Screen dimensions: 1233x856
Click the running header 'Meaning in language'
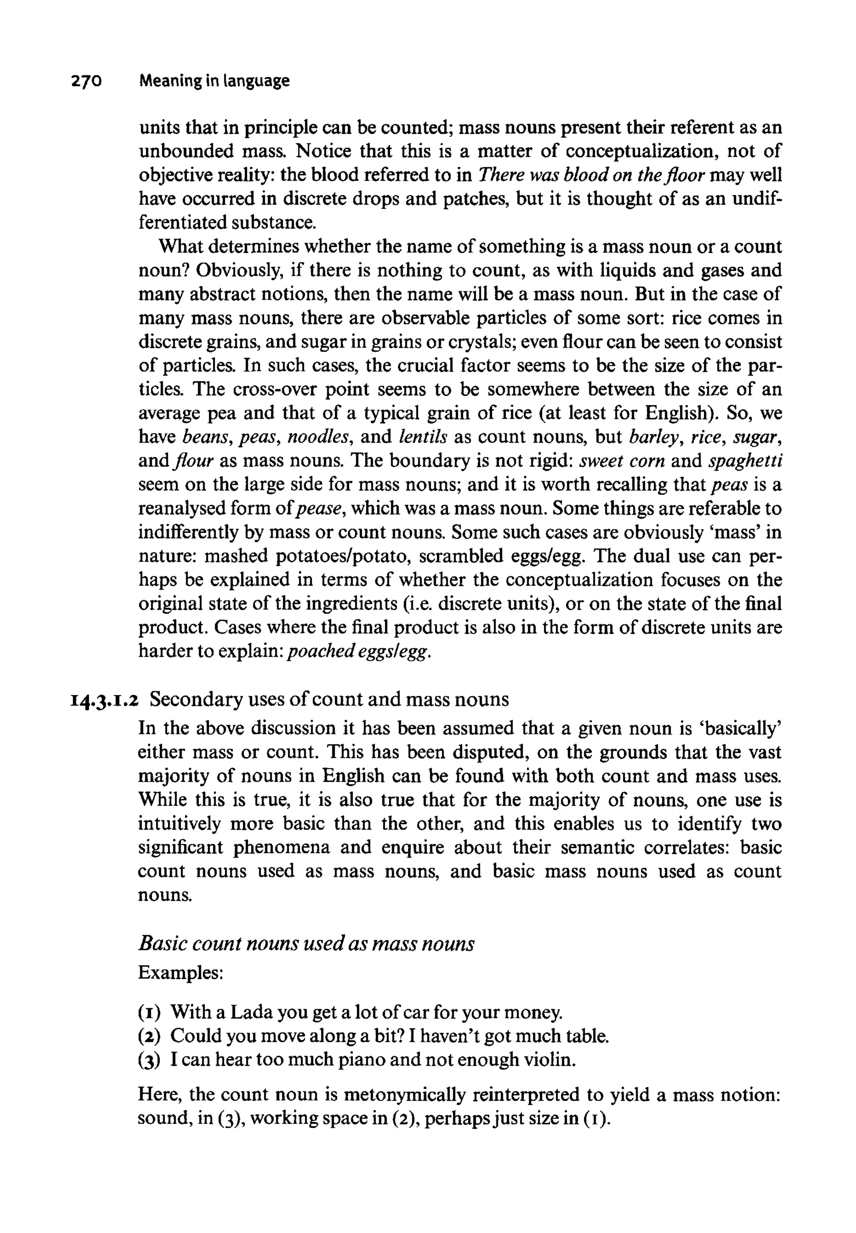tap(214, 82)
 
